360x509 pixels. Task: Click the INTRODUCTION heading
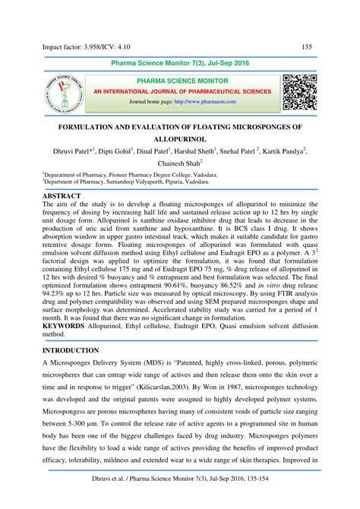(71, 351)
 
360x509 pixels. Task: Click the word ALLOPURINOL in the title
(180, 141)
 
